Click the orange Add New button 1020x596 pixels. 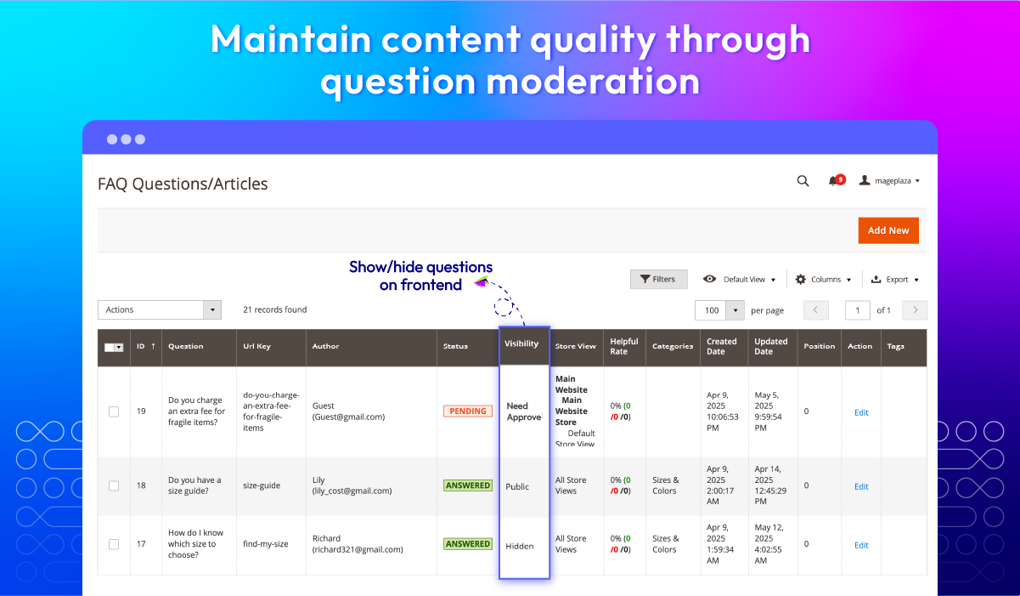click(x=888, y=230)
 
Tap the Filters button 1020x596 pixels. click(x=658, y=279)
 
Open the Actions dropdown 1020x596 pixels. click(x=160, y=309)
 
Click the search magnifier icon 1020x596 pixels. click(x=803, y=181)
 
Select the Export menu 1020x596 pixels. click(x=894, y=279)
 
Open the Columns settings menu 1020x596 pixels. click(x=823, y=279)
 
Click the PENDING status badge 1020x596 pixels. click(x=468, y=411)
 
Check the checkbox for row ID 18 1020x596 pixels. click(x=114, y=485)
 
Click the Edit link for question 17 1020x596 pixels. click(x=861, y=545)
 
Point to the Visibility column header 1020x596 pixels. click(x=521, y=343)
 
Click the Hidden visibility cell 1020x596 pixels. click(x=519, y=546)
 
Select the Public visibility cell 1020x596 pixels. click(x=517, y=486)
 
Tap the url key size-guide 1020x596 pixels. click(x=262, y=485)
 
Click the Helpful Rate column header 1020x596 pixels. click(x=624, y=346)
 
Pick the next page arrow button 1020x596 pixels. click(x=915, y=310)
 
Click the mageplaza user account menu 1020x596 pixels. click(x=889, y=180)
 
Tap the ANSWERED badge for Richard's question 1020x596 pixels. click(x=468, y=543)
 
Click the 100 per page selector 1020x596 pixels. click(x=719, y=310)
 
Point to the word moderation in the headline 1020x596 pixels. click(x=594, y=81)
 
